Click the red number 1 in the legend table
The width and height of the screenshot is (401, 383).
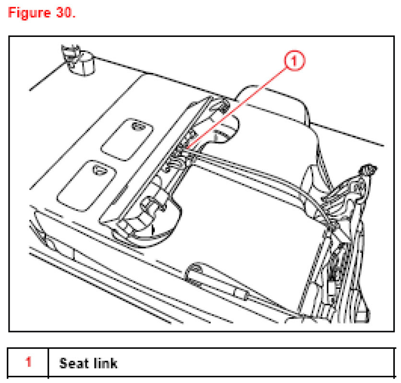tap(28, 362)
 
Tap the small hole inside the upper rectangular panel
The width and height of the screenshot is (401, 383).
tap(138, 127)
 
